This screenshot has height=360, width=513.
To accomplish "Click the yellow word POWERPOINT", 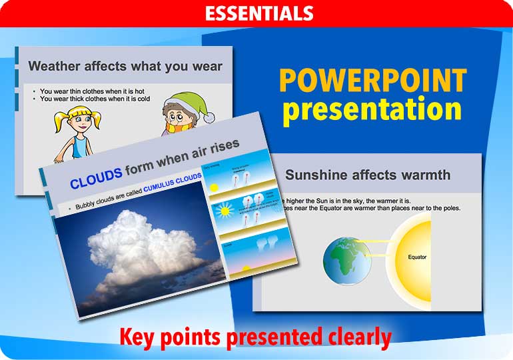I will coord(372,81).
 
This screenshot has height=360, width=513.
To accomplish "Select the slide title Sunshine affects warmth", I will coord(367,175).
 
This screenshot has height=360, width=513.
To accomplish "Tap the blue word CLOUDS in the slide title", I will coord(96,179).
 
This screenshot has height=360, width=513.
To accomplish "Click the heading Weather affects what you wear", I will coord(125,66).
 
